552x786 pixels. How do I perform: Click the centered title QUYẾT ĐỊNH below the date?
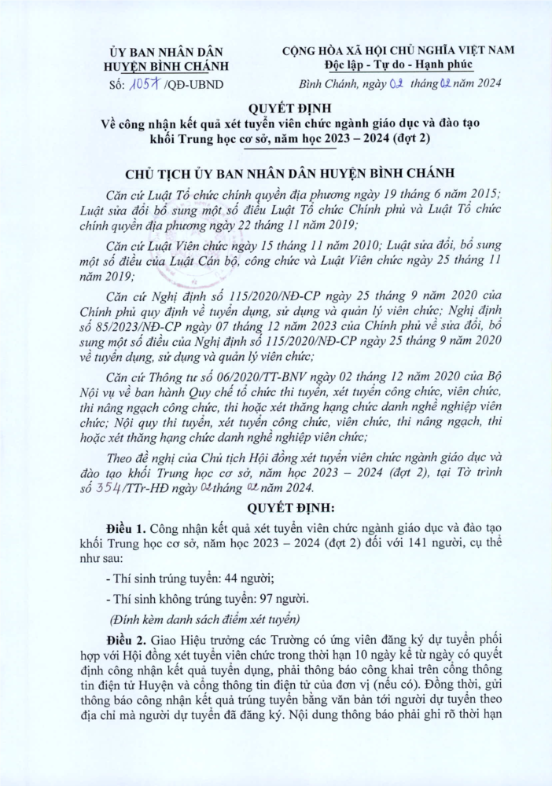click(276, 108)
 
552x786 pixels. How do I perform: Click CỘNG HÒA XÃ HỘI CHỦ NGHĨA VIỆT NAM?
click(399, 50)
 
